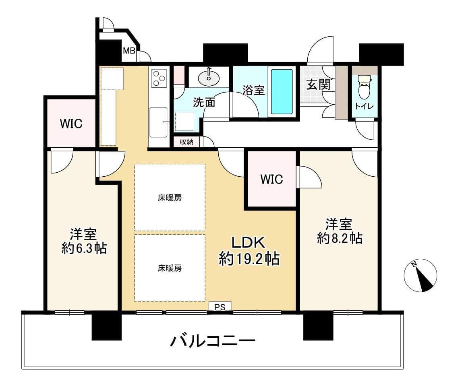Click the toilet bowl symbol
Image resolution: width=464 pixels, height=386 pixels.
tap(364, 87)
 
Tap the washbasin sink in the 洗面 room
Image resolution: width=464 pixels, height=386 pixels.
tap(209, 78)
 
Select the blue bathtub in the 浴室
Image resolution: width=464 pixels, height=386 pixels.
tap(282, 92)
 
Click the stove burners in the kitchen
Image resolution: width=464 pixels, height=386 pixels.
tap(159, 78)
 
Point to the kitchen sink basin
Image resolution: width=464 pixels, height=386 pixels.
tap(159, 122)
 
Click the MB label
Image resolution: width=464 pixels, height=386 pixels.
tap(129, 51)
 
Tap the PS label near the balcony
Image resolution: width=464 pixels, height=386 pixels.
tap(220, 308)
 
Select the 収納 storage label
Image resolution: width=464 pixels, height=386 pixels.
tap(187, 142)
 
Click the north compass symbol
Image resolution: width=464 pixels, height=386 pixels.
tap(420, 276)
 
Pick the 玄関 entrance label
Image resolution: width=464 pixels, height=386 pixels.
tap(319, 85)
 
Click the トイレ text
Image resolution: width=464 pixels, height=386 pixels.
tap(364, 106)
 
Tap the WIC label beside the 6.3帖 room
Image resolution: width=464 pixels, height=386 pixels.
tap(71, 124)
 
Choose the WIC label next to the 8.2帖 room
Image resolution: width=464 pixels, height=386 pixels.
tap(271, 179)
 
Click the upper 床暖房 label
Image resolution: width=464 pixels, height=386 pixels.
tap(170, 198)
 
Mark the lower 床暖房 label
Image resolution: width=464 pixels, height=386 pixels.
tap(170, 268)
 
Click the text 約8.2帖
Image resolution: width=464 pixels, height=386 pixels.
tap(340, 238)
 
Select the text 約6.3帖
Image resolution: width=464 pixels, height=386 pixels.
tap(84, 248)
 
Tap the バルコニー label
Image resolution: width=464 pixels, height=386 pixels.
tap(213, 341)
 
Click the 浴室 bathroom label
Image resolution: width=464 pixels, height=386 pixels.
tap(254, 90)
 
